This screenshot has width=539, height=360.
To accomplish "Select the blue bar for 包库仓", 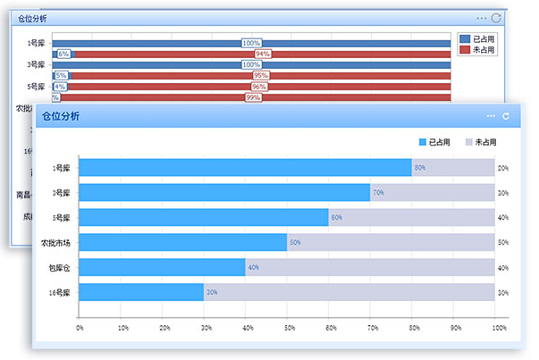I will (162, 267).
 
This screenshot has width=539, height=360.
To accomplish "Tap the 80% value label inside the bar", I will (419, 167).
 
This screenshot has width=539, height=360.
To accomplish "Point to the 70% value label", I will (378, 192).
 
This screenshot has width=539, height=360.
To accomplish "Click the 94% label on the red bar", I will (263, 54).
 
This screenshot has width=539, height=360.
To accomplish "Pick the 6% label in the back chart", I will (63, 54).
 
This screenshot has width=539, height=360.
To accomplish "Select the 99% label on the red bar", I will (253, 97).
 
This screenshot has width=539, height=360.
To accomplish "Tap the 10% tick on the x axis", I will (122, 328).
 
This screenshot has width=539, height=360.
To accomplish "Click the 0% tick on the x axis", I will (80, 328).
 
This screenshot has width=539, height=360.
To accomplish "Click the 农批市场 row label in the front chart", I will (55, 242).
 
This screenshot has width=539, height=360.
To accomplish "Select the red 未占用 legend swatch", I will (464, 50).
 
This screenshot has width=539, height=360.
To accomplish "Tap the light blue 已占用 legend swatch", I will (423, 142).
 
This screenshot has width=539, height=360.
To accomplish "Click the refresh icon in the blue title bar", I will (506, 116).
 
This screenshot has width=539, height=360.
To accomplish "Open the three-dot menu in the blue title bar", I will (491, 116).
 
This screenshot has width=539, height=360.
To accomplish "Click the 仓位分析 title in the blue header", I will (61, 117).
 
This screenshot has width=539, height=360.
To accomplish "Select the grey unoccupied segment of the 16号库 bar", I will (350, 292).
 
